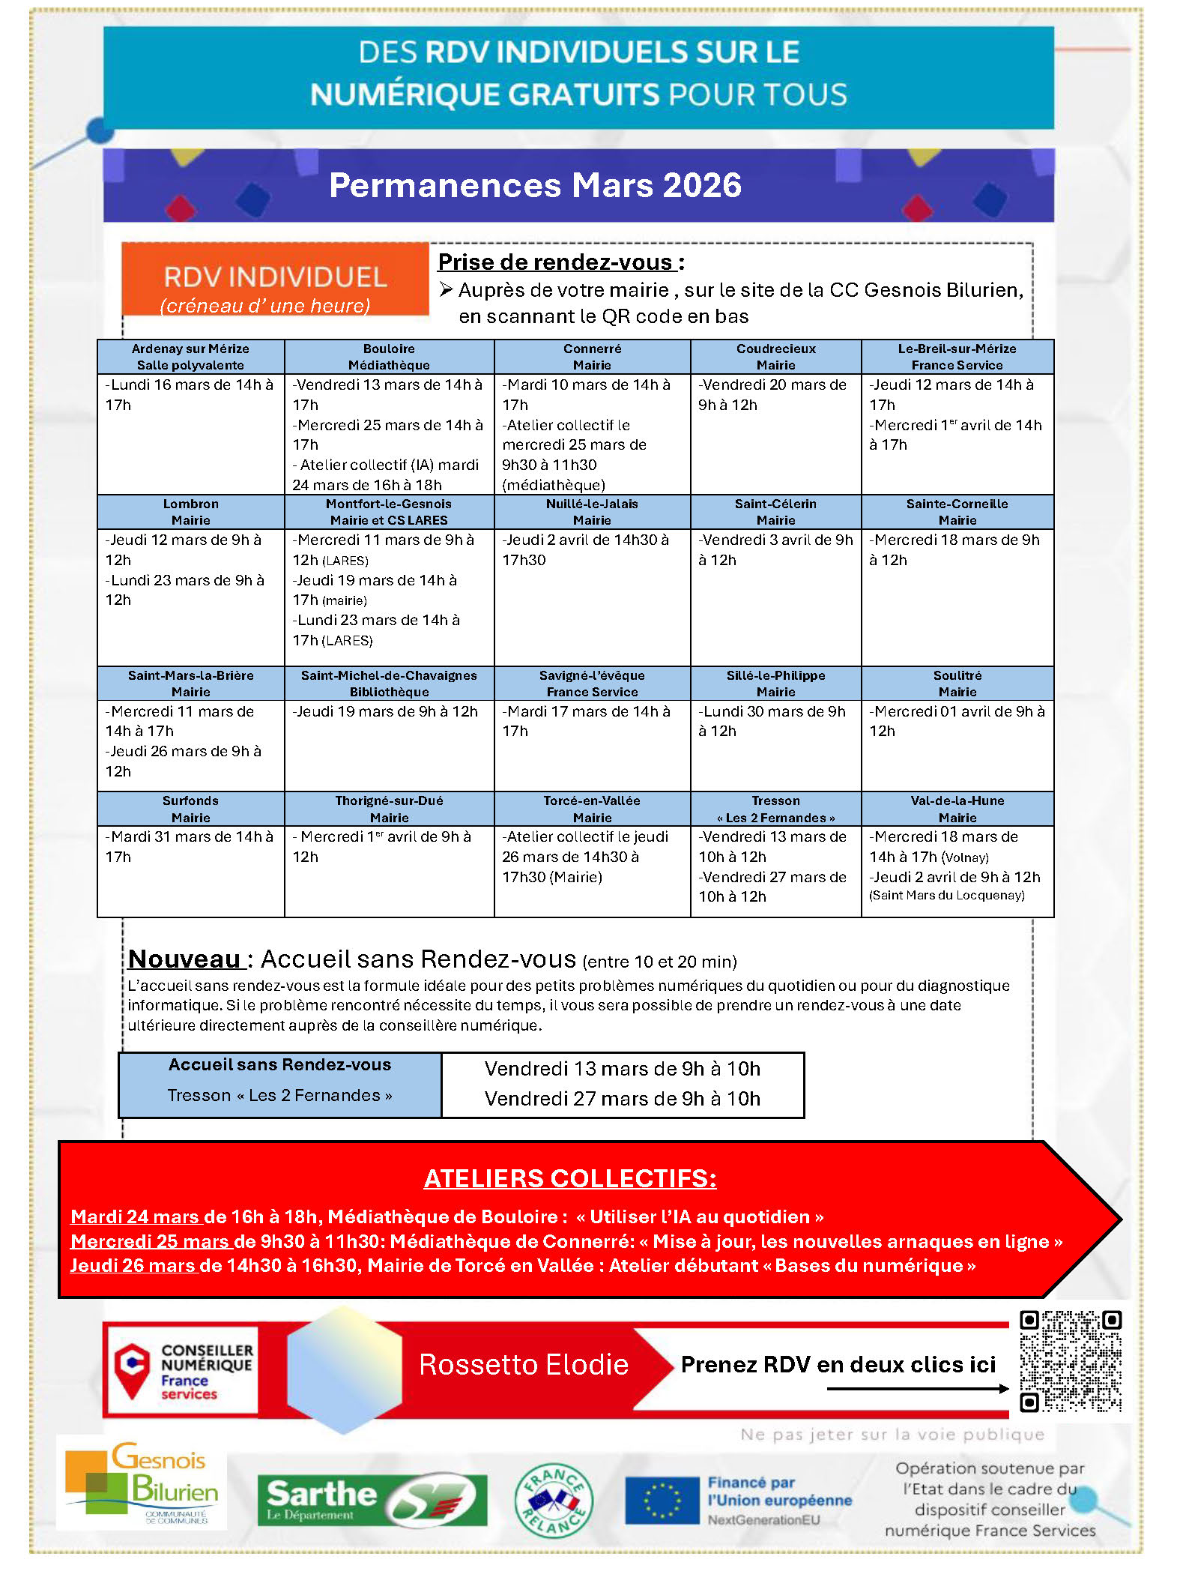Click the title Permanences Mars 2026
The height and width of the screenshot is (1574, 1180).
(535, 185)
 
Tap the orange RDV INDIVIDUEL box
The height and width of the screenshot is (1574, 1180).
(275, 279)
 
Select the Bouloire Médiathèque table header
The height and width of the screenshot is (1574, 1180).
(389, 357)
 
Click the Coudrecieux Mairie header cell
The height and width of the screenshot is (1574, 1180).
(775, 357)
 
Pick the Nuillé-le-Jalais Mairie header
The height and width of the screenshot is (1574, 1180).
(592, 512)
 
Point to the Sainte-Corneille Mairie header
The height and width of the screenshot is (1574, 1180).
(957, 512)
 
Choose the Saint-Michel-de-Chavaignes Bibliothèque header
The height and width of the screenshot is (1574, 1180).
(389, 684)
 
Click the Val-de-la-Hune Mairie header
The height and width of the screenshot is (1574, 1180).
(957, 809)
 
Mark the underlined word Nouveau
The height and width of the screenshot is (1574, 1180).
(184, 959)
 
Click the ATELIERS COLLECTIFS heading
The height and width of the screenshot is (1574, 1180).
(570, 1179)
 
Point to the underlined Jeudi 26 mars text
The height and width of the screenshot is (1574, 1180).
(133, 1266)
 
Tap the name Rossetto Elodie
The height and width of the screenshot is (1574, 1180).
(524, 1365)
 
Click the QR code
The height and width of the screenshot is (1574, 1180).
(1071, 1361)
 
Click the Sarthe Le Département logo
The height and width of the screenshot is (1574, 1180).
(372, 1501)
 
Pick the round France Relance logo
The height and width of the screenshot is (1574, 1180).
(554, 1501)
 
